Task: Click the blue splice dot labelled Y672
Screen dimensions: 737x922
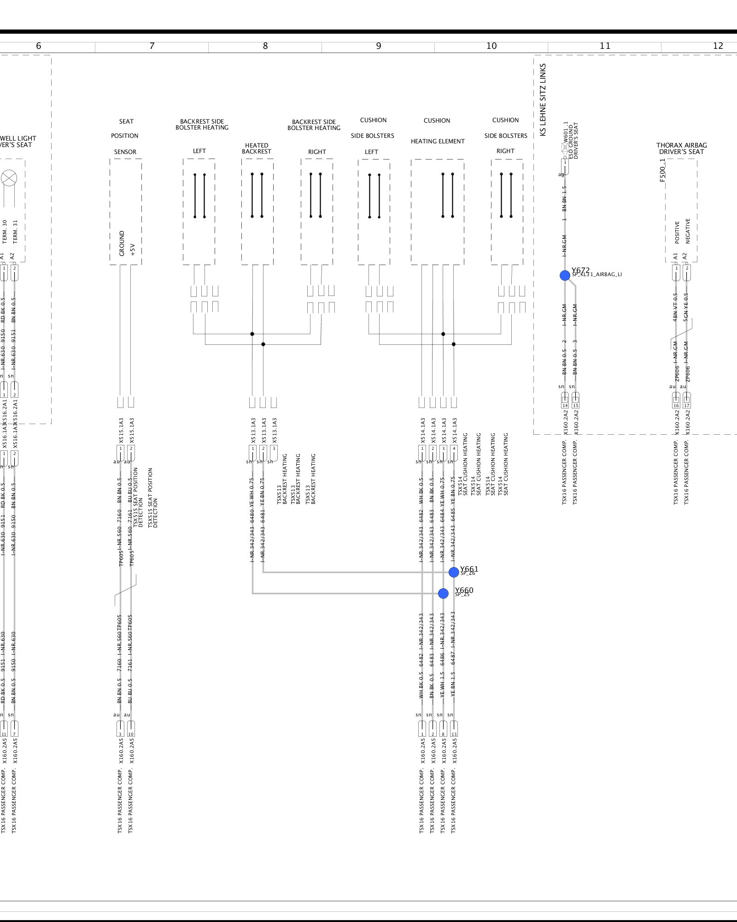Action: pyautogui.click(x=565, y=275)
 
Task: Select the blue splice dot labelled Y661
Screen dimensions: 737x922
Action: pyautogui.click(x=454, y=572)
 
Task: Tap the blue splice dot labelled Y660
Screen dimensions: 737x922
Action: pyautogui.click(x=443, y=593)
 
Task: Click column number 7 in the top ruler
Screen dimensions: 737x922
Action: pyautogui.click(x=152, y=46)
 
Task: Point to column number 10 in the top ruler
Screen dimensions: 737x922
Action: pyautogui.click(x=491, y=46)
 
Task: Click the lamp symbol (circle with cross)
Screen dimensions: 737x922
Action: pyautogui.click(x=9, y=177)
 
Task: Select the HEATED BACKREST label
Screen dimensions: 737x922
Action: pyautogui.click(x=257, y=148)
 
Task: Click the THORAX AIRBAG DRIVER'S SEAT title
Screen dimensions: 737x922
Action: pyautogui.click(x=681, y=148)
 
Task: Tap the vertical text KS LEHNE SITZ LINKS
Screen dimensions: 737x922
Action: pyautogui.click(x=543, y=100)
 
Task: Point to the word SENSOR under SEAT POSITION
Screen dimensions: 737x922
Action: pyautogui.click(x=125, y=152)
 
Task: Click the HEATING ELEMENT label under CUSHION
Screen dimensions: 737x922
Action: pyautogui.click(x=438, y=142)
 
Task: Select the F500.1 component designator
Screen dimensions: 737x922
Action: pyautogui.click(x=662, y=171)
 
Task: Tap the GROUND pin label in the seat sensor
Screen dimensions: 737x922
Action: pyautogui.click(x=122, y=243)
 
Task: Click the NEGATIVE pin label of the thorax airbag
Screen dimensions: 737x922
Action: pyautogui.click(x=688, y=231)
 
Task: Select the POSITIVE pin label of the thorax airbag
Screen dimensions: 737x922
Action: pyautogui.click(x=677, y=232)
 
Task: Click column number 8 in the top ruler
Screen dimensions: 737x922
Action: pyautogui.click(x=265, y=46)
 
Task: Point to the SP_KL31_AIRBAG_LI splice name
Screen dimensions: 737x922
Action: pyautogui.click(x=597, y=275)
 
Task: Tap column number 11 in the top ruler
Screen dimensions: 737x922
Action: pyautogui.click(x=605, y=46)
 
